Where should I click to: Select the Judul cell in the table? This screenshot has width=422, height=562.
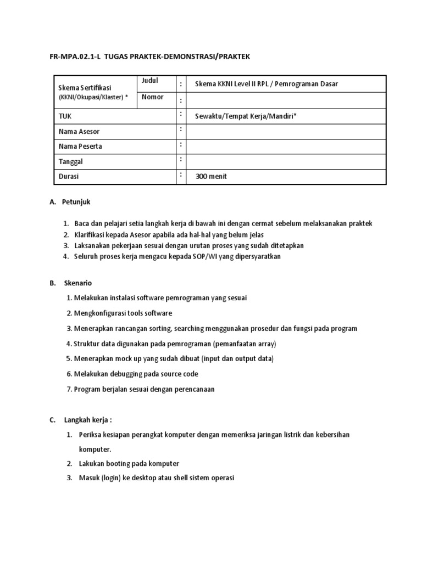click(149, 81)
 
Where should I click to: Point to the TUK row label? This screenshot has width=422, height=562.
click(65, 116)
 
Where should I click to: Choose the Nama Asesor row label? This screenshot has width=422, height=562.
click(79, 132)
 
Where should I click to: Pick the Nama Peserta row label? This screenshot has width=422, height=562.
click(80, 147)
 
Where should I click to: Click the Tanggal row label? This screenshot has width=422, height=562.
click(70, 162)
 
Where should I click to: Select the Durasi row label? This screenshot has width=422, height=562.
click(69, 176)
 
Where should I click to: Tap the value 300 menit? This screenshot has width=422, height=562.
click(211, 177)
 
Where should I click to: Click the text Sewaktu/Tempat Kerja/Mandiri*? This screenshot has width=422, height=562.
click(246, 116)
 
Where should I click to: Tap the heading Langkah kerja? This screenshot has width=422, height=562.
click(88, 420)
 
